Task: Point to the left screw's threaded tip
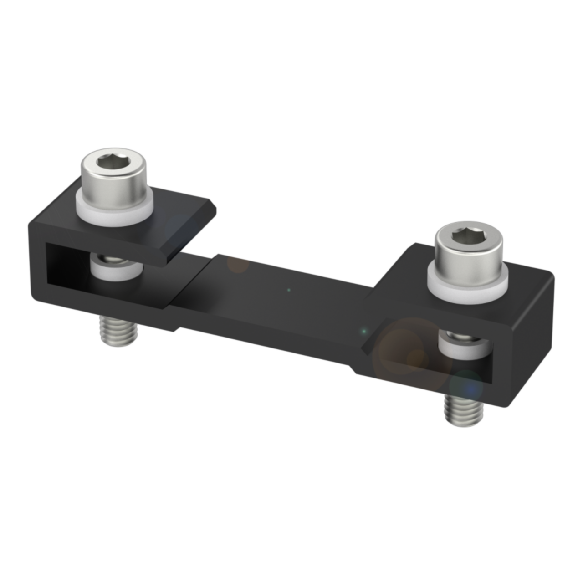coord(118,332)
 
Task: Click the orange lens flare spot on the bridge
coord(237,264)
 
